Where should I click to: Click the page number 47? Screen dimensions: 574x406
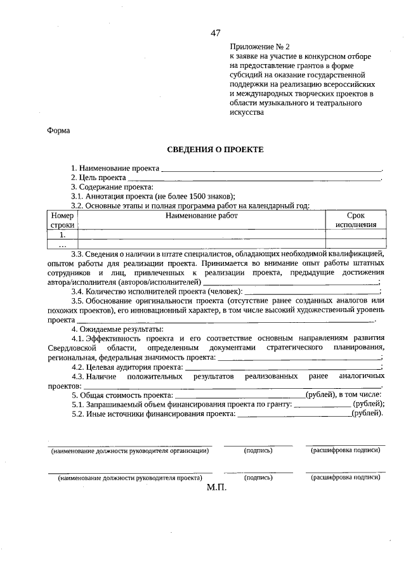(216, 33)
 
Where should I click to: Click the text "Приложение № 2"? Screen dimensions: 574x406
(259, 47)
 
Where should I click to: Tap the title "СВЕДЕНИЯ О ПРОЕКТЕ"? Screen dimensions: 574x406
(214, 150)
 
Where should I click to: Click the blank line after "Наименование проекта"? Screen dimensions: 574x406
(272, 169)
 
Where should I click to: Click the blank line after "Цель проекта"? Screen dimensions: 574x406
(254, 179)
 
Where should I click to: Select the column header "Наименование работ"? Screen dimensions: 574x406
(201, 216)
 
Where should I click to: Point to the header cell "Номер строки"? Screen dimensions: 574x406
(63, 220)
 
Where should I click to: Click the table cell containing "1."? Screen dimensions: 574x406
(63, 234)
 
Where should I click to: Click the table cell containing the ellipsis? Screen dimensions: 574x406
(63, 244)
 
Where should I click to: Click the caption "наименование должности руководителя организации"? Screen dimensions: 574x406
(130, 450)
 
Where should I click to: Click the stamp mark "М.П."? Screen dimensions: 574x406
(216, 488)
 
